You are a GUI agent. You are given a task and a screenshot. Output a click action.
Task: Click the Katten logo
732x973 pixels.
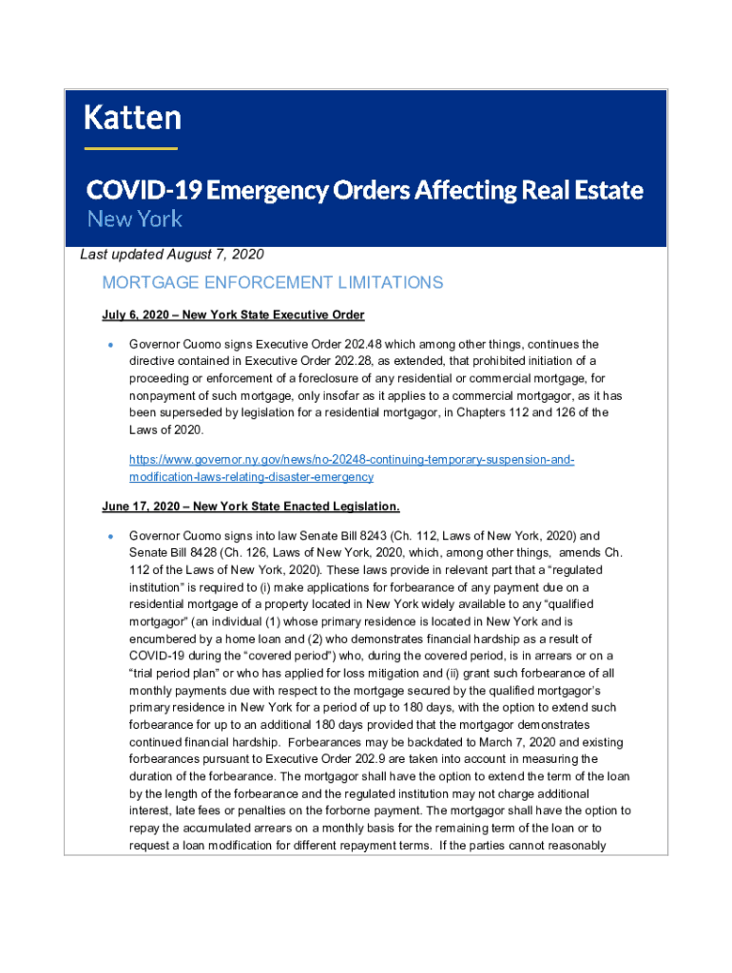pos(132,119)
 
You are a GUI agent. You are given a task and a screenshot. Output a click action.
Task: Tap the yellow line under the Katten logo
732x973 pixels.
pos(130,148)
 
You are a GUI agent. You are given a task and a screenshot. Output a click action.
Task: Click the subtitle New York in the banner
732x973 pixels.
pos(134,219)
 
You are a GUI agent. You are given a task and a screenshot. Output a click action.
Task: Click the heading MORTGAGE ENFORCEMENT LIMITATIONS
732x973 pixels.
pos(272,282)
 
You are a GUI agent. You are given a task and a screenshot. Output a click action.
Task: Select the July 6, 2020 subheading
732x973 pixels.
pos(233,315)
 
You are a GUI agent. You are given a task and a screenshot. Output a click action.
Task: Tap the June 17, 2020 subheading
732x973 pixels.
pos(251,506)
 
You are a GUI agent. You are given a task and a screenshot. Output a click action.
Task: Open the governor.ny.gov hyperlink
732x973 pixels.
pos(352,468)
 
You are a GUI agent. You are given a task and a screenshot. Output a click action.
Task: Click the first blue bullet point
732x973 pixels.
pos(110,345)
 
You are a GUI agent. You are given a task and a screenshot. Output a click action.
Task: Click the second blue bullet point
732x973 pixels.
pos(110,536)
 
